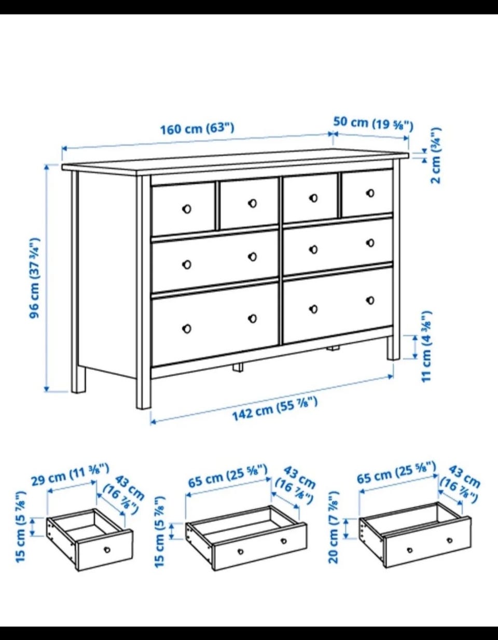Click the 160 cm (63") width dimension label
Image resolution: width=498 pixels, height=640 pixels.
197,129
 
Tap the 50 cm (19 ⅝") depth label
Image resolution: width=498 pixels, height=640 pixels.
373,124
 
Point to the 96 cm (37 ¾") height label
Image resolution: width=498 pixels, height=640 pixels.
34,278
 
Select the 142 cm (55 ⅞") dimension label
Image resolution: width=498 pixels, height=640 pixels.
275,409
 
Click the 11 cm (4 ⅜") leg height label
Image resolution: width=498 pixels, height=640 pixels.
426,347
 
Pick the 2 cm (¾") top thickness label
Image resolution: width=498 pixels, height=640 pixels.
436,156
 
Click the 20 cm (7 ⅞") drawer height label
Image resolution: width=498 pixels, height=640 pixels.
334,527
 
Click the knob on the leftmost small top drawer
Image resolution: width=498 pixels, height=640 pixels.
187,209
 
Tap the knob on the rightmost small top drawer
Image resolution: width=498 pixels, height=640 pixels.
370,193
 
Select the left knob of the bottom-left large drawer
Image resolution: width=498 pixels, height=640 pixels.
187,329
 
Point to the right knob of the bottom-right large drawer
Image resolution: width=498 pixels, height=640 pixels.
370,301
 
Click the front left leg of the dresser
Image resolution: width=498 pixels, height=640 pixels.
144,380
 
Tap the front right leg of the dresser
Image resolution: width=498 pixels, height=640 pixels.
393,348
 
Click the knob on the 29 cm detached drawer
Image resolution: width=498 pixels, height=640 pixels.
107,550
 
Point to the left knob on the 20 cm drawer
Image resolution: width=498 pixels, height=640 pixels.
409,550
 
